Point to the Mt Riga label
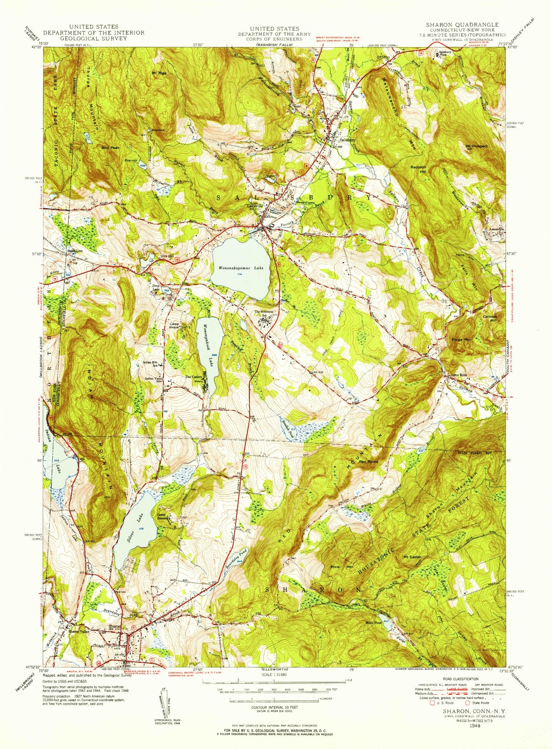pyautogui.click(x=159, y=73)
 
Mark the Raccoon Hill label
pyautogui.click(x=418, y=169)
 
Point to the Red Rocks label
pyautogui.click(x=368, y=462)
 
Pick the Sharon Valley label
pyautogui.click(x=79, y=632)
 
